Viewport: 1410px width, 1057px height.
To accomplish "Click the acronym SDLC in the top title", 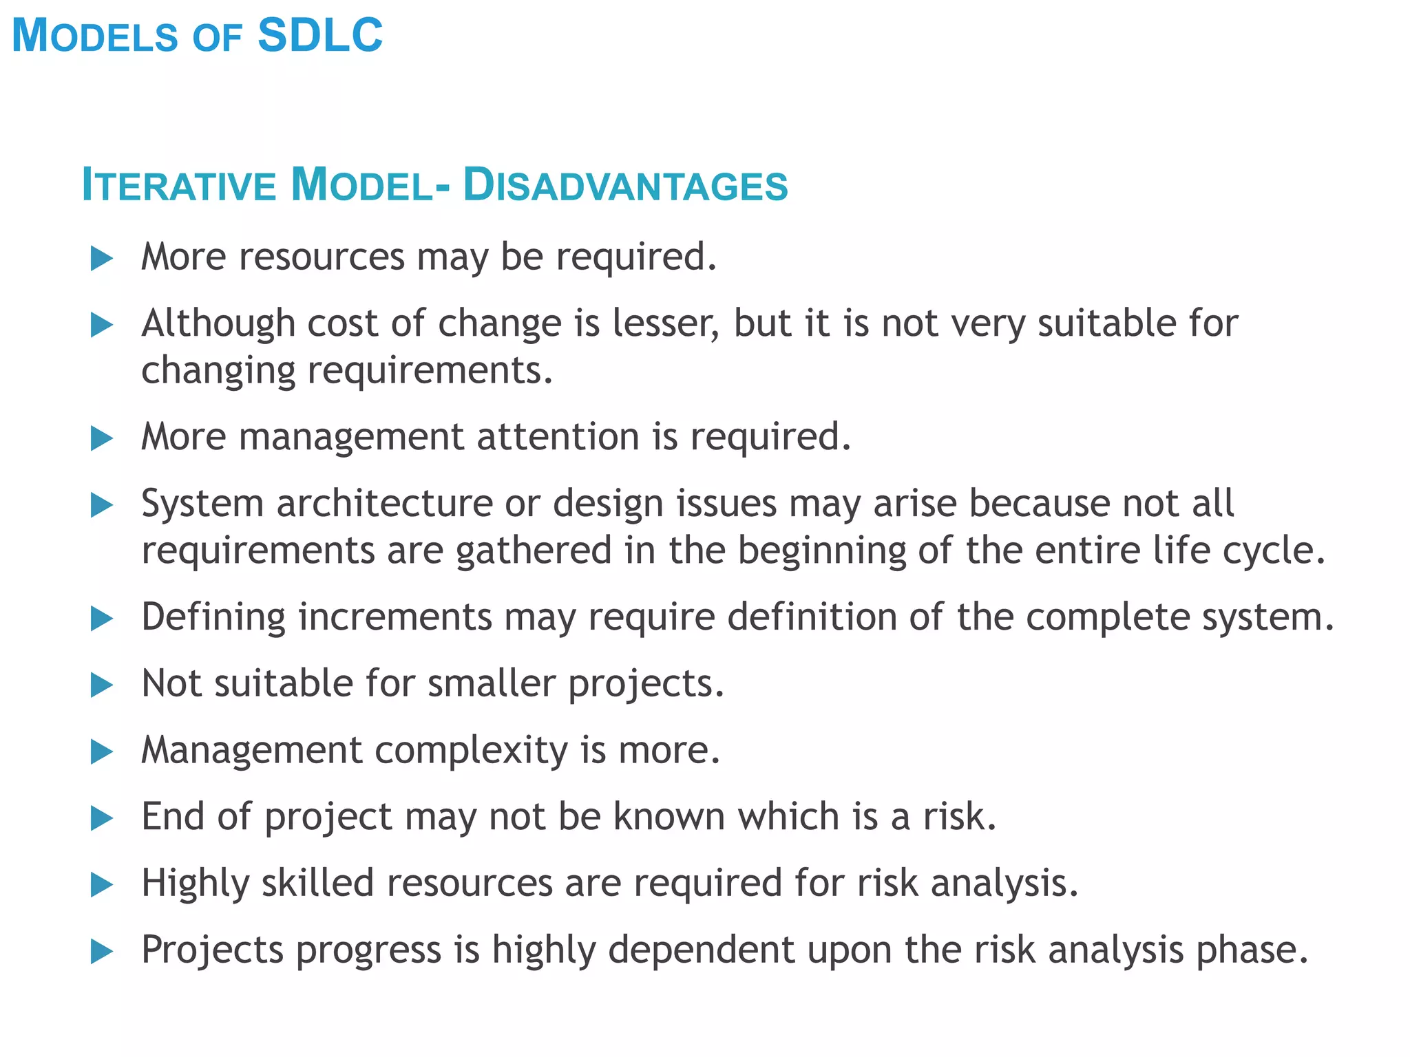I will tap(320, 36).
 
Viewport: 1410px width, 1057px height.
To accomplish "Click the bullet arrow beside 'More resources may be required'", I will tap(102, 259).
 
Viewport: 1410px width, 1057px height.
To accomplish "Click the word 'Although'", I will tap(218, 324).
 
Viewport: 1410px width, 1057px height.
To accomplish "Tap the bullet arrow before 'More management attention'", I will tap(102, 438).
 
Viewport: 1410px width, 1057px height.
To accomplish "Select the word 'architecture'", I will tap(385, 503).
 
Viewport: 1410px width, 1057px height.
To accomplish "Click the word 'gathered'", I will tap(534, 551).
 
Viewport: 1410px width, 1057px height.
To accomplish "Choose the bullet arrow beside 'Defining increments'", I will tap(102, 619).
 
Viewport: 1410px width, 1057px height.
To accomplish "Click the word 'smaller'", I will tap(492, 683).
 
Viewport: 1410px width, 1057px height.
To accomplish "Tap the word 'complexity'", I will tap(471, 750).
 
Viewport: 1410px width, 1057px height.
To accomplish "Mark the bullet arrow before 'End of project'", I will tap(102, 818).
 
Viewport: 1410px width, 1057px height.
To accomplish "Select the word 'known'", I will tap(669, 817).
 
